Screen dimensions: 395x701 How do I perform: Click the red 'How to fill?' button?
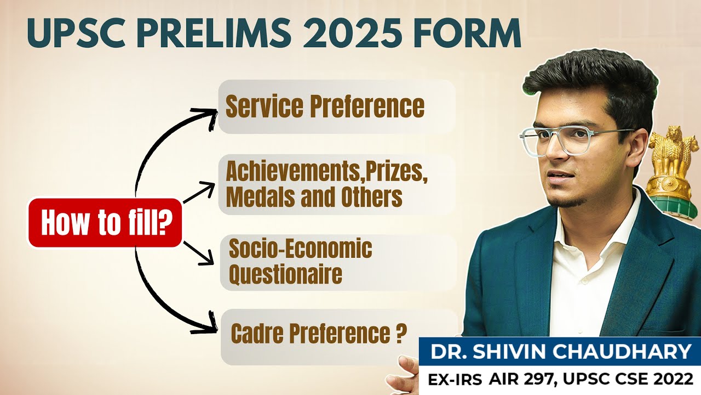click(x=105, y=223)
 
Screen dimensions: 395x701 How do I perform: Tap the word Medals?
click(x=257, y=197)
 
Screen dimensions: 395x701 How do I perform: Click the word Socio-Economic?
click(x=300, y=249)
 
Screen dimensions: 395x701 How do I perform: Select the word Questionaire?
click(x=285, y=274)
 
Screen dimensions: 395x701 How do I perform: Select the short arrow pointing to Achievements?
click(x=200, y=193)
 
